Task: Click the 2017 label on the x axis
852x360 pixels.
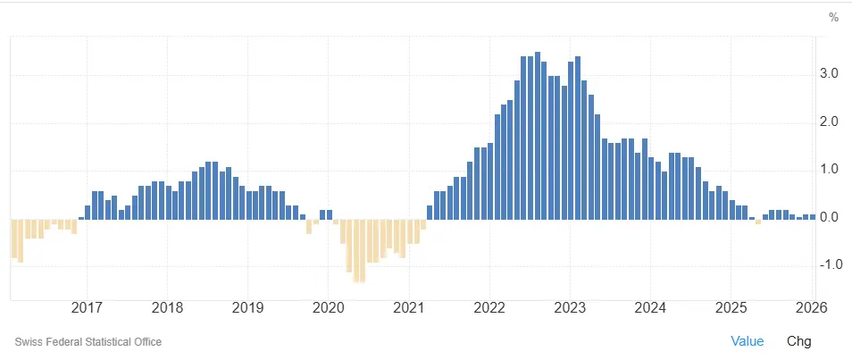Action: click(x=87, y=309)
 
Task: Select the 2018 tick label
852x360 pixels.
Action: click(x=167, y=309)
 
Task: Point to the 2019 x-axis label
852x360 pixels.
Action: click(x=247, y=309)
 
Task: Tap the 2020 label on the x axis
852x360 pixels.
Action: click(x=328, y=309)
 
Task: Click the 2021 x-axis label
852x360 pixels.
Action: click(x=408, y=309)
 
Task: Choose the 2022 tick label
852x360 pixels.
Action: click(x=489, y=309)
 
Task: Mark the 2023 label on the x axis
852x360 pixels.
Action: click(x=570, y=309)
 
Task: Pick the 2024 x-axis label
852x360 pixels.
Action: click(x=650, y=309)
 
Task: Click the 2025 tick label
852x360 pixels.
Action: click(x=731, y=309)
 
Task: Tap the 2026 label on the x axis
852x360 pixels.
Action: click(x=811, y=309)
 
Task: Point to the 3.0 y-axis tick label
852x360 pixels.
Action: click(x=829, y=74)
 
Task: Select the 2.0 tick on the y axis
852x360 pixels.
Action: click(x=829, y=121)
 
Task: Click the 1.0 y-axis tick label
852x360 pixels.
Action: click(x=829, y=170)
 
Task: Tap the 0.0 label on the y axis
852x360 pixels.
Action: click(x=829, y=217)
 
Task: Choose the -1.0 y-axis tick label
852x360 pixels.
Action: click(x=827, y=264)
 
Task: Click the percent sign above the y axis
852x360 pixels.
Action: click(x=834, y=17)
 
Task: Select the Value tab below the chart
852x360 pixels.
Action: click(x=748, y=341)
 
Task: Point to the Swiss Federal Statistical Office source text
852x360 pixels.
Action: click(x=88, y=342)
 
